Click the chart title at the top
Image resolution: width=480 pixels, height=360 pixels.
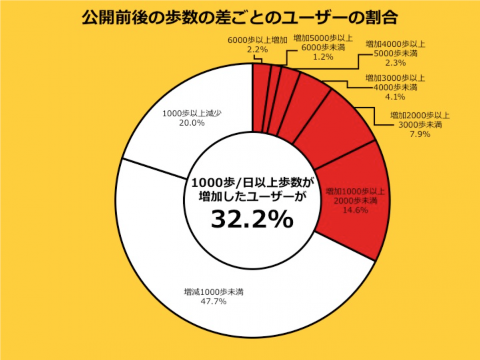(240, 18)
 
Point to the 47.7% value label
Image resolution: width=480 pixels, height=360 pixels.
(213, 301)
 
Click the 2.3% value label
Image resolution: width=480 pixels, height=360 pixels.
(396, 63)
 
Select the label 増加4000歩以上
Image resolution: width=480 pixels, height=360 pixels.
(396, 44)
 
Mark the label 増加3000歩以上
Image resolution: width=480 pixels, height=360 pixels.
(396, 78)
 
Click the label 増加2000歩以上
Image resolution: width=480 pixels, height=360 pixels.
(420, 116)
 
